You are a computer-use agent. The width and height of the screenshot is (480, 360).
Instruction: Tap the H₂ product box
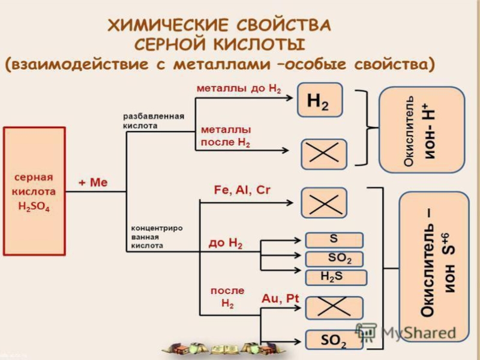pyautogui.click(x=320, y=100)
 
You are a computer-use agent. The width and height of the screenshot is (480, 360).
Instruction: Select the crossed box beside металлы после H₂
pyautogui.click(x=324, y=154)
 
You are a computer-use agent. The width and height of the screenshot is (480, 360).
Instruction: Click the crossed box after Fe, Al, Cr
pyautogui.click(x=324, y=202)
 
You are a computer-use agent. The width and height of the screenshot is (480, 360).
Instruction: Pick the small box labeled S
pyautogui.click(x=334, y=239)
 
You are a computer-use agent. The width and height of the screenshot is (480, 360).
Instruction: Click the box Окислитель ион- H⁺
pyautogui.click(x=421, y=130)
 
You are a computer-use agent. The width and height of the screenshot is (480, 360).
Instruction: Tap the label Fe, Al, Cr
pyautogui.click(x=242, y=190)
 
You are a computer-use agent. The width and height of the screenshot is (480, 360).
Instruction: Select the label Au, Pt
pyautogui.click(x=280, y=298)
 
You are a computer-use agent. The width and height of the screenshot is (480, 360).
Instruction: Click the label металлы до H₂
pyautogui.click(x=239, y=88)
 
